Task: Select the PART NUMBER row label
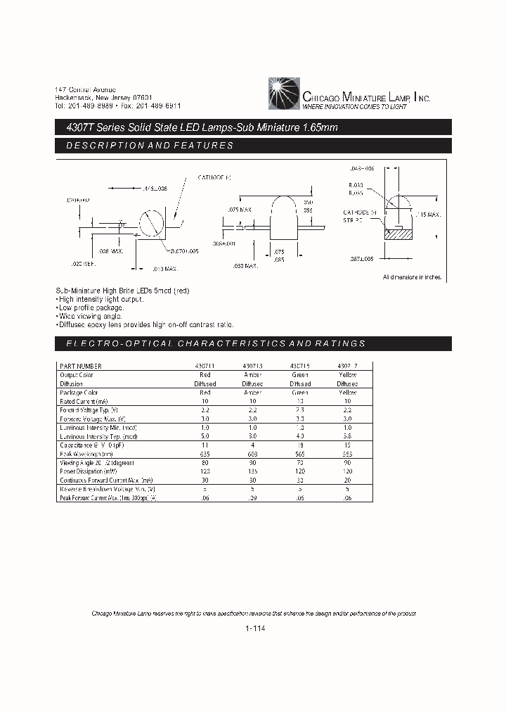pyautogui.click(x=81, y=366)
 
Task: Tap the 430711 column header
pyautogui.click(x=205, y=366)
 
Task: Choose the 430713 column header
pyautogui.click(x=253, y=366)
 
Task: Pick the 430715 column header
pyautogui.click(x=300, y=366)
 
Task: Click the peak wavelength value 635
pyautogui.click(x=205, y=454)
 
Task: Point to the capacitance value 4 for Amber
pyautogui.click(x=253, y=445)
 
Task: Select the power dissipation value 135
pyautogui.click(x=253, y=472)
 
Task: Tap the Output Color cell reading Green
pyautogui.click(x=300, y=375)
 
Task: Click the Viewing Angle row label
pyautogui.click(x=97, y=463)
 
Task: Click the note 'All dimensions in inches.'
pyautogui.click(x=413, y=277)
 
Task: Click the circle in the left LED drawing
pyautogui.click(x=150, y=224)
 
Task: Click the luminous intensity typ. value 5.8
pyautogui.click(x=347, y=437)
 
